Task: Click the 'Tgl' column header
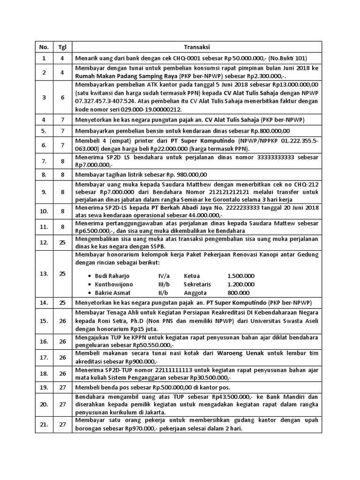click(x=62, y=47)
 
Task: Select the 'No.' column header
click(x=44, y=47)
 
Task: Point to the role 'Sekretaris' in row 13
click(x=197, y=284)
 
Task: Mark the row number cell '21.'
click(x=44, y=424)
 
